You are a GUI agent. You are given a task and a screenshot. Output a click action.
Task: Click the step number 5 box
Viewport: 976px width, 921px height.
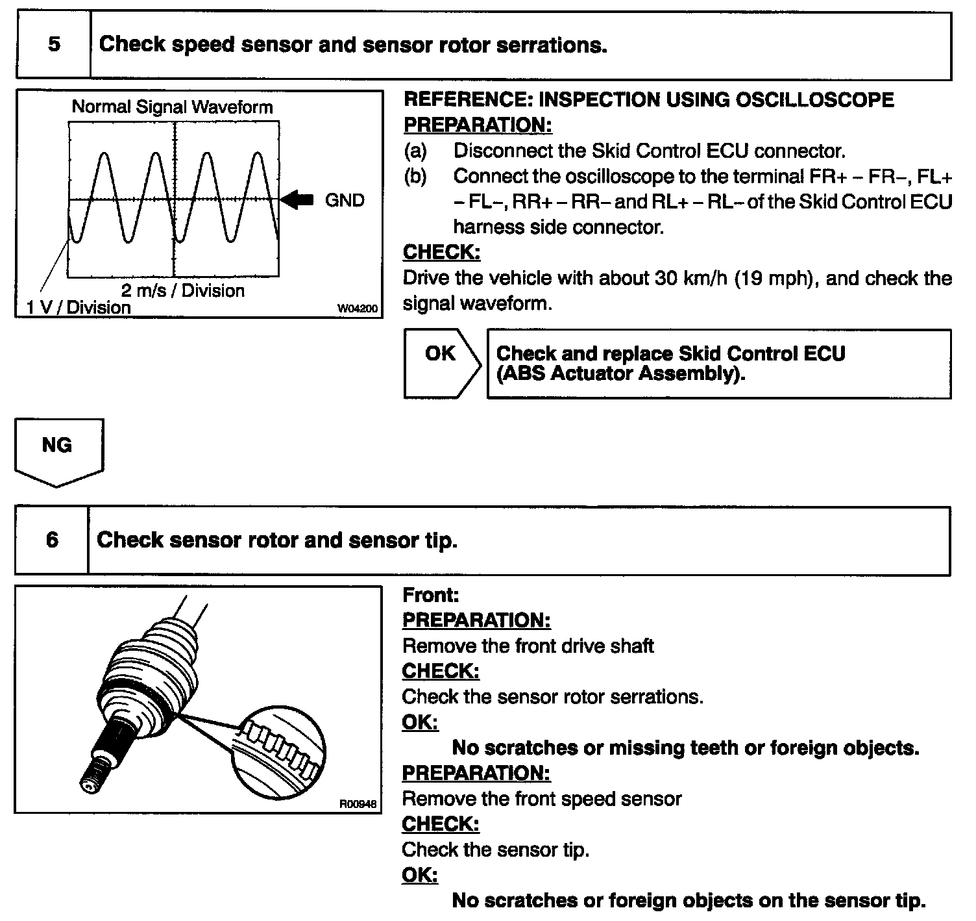pos(54,45)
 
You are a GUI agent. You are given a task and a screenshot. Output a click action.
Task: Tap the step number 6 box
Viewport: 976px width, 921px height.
pos(52,540)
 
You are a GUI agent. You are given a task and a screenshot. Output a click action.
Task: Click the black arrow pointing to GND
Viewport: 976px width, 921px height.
pos(298,199)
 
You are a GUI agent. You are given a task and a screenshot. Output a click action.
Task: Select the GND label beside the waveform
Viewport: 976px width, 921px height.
pos(345,200)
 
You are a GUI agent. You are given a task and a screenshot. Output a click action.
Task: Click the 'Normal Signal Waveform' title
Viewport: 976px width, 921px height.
pos(172,107)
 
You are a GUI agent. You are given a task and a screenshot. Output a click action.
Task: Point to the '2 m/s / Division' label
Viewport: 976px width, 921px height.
pos(183,290)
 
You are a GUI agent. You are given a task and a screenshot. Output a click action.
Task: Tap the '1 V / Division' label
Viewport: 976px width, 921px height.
pos(79,307)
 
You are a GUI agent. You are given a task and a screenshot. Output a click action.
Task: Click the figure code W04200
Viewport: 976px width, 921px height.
pos(357,309)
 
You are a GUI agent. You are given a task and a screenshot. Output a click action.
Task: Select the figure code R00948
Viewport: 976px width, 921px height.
pos(358,803)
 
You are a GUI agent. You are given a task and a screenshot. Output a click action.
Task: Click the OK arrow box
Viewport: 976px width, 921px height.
pos(441,363)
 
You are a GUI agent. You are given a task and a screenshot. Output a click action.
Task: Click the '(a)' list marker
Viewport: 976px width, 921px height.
pos(415,151)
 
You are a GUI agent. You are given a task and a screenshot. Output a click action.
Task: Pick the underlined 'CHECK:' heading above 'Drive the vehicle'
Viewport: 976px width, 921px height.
pos(441,252)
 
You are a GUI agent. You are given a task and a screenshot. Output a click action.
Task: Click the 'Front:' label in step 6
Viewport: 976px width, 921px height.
pos(430,595)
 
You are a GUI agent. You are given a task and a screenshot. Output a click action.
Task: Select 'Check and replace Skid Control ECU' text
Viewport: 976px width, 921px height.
pos(670,354)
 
